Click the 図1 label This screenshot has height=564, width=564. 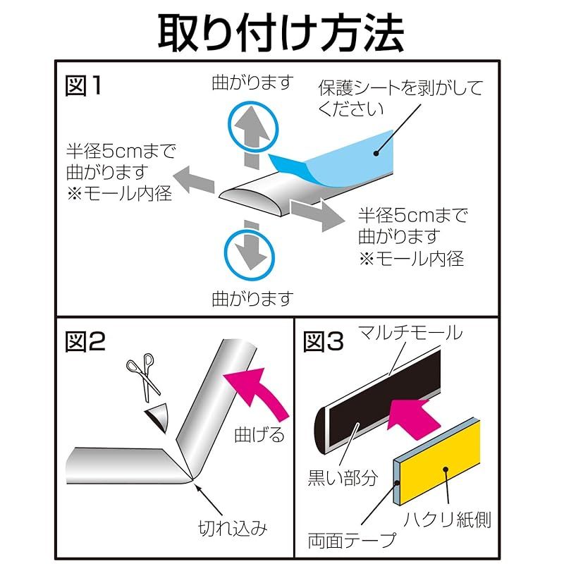[x=84, y=86]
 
